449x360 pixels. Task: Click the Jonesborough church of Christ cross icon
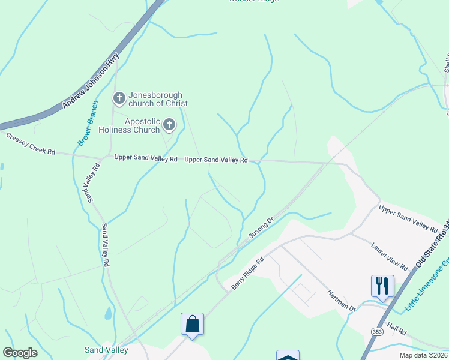click(x=119, y=97)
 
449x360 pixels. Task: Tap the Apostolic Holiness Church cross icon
click(x=169, y=125)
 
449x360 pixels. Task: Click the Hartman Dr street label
click(x=342, y=300)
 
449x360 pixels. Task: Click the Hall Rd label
click(x=397, y=330)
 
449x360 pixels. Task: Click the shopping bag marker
click(x=192, y=324)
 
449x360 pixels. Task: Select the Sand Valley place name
click(x=105, y=349)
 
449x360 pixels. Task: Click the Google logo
click(x=20, y=353)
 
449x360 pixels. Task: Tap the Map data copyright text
click(x=423, y=355)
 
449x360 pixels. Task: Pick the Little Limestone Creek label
click(x=427, y=285)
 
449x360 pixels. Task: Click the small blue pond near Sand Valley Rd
click(x=107, y=313)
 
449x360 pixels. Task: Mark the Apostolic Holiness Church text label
click(x=142, y=125)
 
